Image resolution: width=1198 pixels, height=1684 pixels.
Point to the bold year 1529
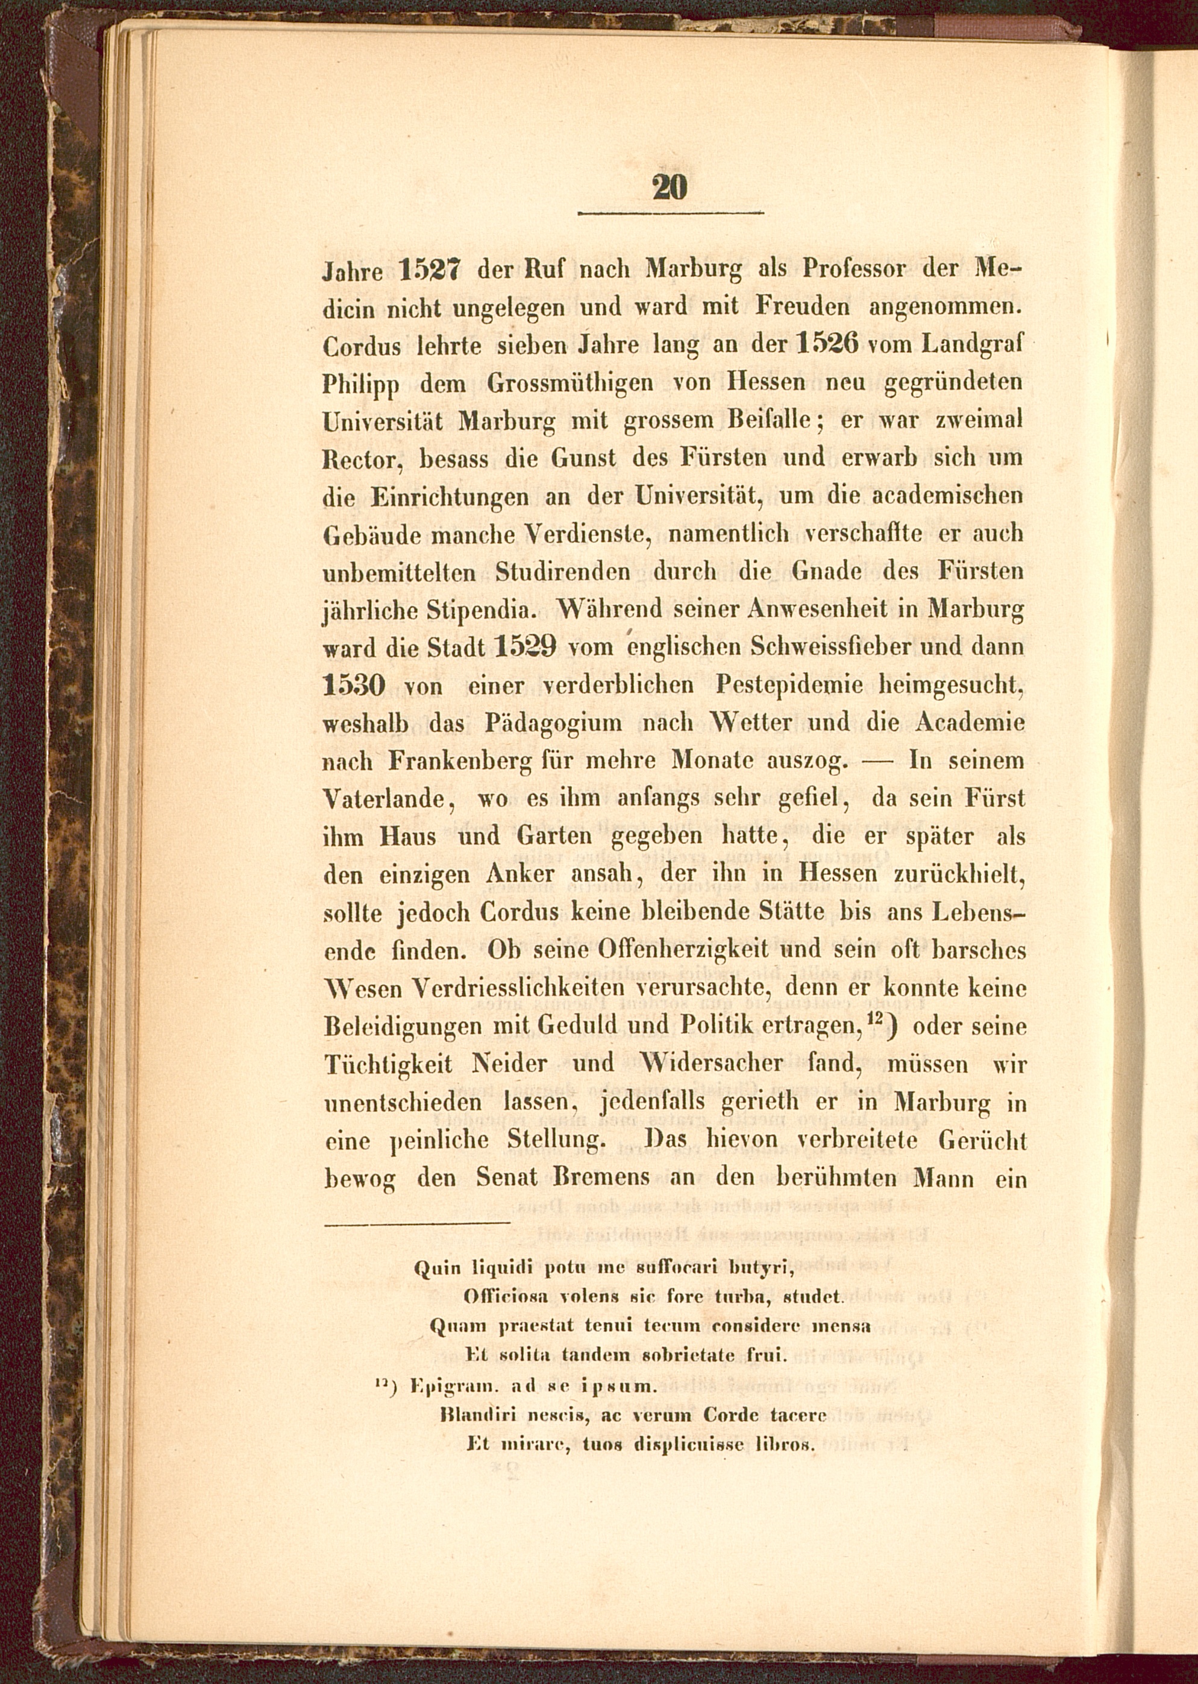(526, 647)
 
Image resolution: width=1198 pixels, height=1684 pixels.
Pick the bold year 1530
(354, 686)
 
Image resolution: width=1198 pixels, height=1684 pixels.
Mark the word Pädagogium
(553, 723)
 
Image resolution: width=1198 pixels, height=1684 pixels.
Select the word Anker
(519, 874)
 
